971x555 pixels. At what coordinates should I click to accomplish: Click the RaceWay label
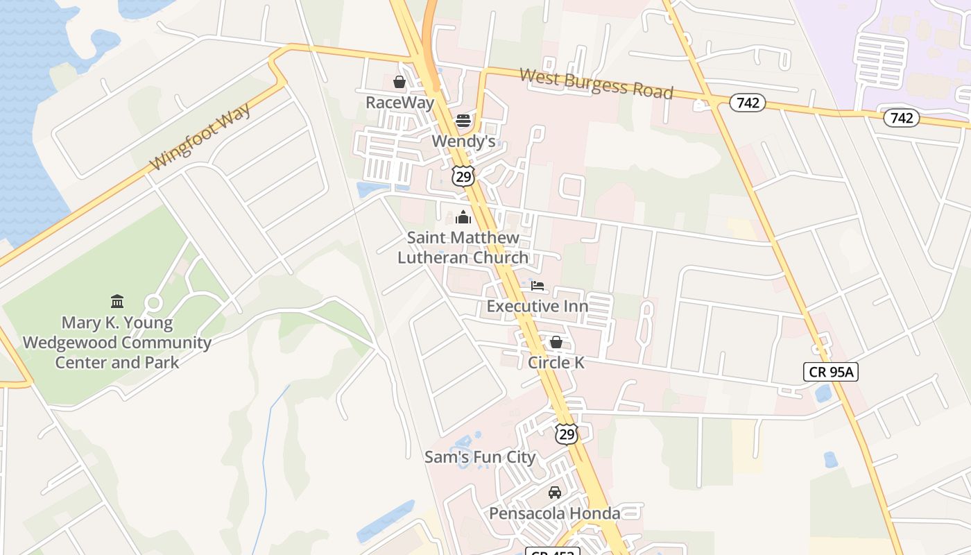pos(399,103)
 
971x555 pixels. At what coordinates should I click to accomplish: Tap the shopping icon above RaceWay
pos(399,83)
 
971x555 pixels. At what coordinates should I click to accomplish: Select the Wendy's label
pos(463,142)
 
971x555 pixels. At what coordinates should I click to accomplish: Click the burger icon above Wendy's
pos(463,121)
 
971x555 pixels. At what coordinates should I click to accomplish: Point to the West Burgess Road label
pos(596,83)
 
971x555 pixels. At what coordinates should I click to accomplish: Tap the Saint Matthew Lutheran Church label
pos(463,247)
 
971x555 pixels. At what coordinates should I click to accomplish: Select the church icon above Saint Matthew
pos(463,218)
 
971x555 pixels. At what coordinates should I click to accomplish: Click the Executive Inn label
pos(537,306)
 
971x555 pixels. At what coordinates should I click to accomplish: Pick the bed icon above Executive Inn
pos(537,286)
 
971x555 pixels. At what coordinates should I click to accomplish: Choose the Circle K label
pos(556,362)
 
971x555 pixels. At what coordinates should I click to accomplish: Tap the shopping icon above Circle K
pos(556,342)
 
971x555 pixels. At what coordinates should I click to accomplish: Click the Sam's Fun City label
pos(480,457)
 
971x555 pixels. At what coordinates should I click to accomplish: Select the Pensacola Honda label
pos(554,513)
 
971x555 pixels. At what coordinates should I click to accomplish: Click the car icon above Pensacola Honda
pos(554,493)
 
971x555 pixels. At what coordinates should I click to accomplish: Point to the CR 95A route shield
pos(831,372)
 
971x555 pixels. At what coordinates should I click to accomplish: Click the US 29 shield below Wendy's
pos(463,176)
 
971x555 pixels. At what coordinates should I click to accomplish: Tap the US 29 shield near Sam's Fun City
pos(567,434)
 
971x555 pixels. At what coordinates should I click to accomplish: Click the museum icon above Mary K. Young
pos(117,302)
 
